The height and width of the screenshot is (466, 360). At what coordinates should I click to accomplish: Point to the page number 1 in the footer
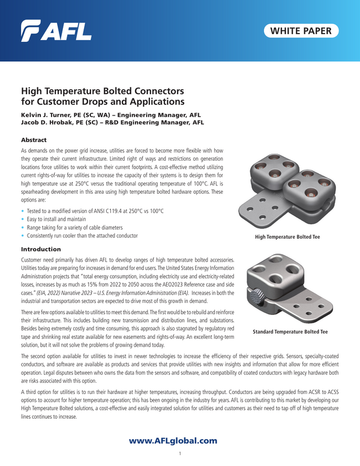coord(180,454)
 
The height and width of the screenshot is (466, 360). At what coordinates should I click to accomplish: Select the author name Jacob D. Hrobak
coord(47,121)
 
